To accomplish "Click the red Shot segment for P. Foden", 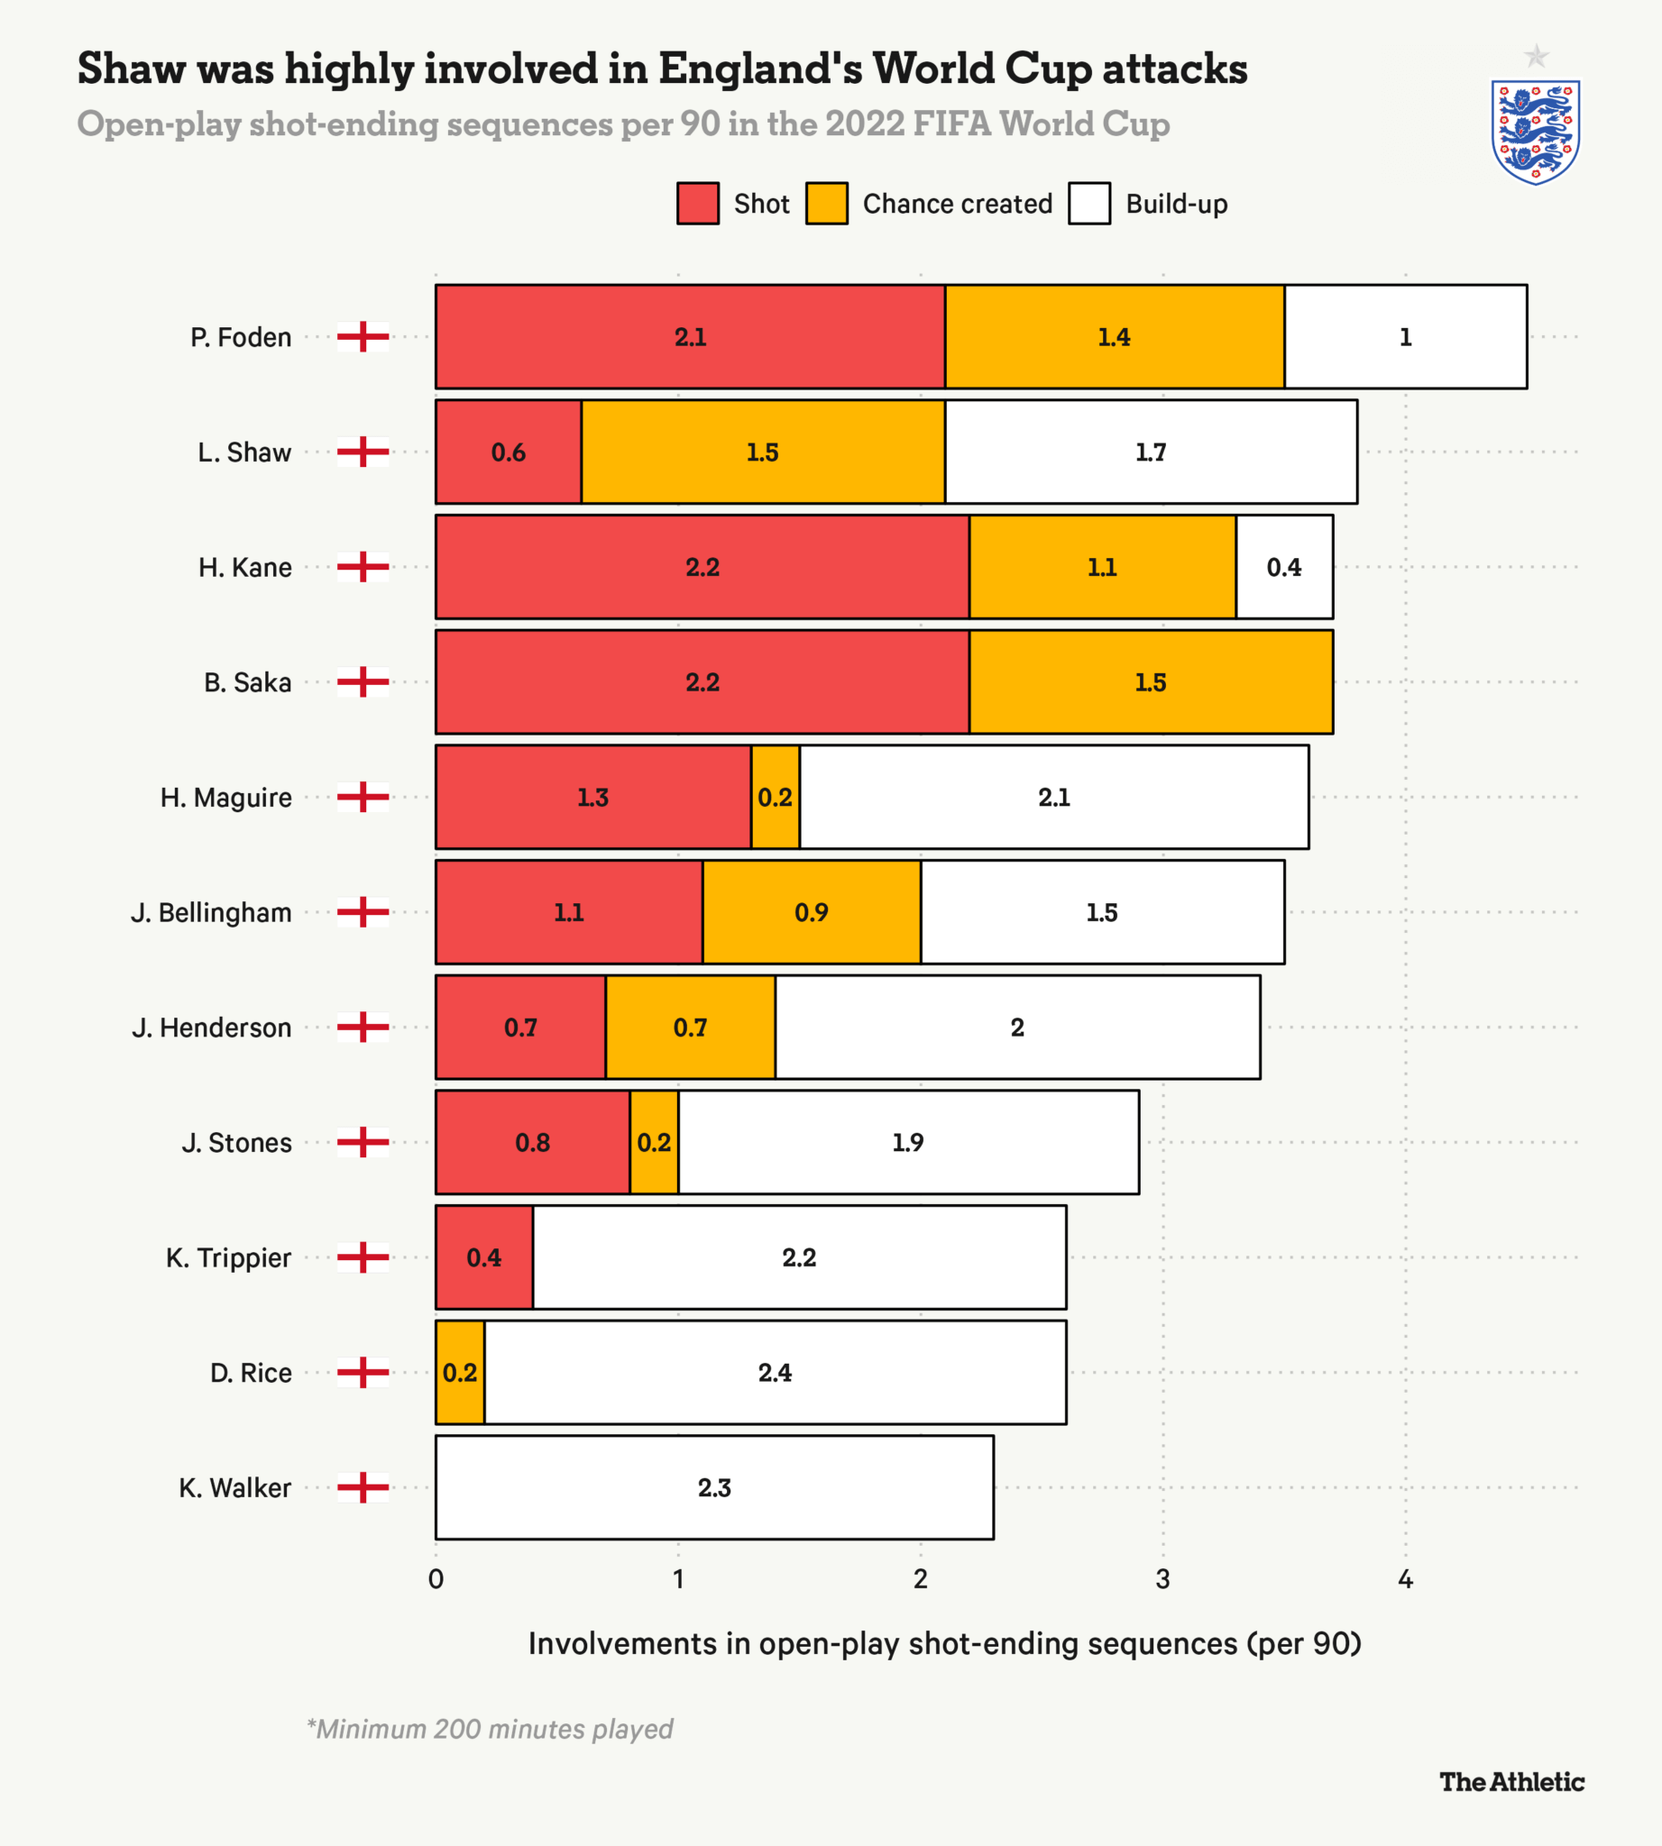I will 690,337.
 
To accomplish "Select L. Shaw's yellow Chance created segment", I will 763,452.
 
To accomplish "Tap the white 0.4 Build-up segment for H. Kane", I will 1284,567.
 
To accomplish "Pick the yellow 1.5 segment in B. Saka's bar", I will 1151,682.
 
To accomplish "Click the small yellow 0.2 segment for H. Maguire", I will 776,797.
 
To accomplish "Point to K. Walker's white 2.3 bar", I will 714,1487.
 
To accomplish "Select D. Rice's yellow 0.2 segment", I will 460,1372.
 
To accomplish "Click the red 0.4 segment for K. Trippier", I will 484,1257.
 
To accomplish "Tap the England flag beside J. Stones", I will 363,1142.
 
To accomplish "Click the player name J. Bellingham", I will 211,912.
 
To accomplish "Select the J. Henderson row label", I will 212,1027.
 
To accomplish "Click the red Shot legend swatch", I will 698,203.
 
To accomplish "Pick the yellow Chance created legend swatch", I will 826,203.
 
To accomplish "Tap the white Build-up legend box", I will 1088,203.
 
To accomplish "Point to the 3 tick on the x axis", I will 1162,1578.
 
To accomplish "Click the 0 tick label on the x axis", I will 436,1578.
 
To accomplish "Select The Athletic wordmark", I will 1511,1781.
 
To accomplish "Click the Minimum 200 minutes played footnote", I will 490,1728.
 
